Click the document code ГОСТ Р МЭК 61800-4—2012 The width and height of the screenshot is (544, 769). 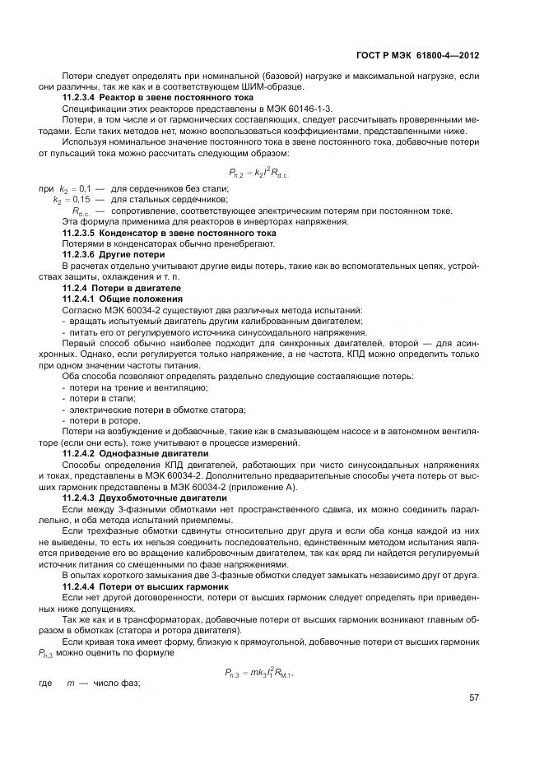click(x=429, y=56)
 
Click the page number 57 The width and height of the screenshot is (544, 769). click(x=474, y=697)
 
